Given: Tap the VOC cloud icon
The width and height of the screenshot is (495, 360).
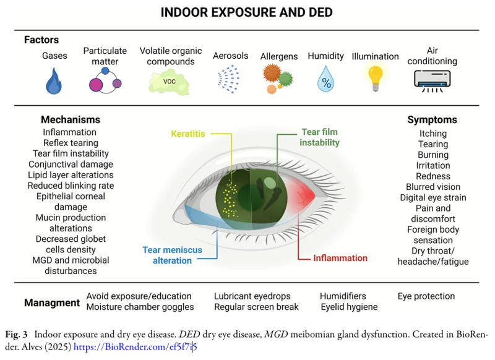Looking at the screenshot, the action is pos(169,83).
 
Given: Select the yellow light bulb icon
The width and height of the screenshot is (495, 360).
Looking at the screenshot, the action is pos(375,78).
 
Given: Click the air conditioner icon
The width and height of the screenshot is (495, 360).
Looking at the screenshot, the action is pos(432,81).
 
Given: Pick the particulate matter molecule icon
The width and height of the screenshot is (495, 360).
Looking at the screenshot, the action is pos(105,80).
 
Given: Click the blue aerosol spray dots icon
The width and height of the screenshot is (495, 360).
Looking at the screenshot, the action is pos(228,79).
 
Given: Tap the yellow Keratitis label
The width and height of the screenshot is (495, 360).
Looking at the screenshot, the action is pos(188,134).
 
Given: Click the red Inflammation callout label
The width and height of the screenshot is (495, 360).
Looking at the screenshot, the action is pos(340,258).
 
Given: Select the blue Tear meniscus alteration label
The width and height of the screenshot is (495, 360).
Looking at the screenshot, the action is pos(173,255).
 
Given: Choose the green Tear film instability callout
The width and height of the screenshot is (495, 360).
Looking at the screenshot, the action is pos(319,137).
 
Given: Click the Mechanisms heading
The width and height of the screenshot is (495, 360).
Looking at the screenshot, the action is pos(71,119).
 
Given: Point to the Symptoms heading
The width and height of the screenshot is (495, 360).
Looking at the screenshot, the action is pos(432,119).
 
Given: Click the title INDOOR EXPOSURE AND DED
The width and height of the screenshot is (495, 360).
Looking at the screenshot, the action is pos(246,12).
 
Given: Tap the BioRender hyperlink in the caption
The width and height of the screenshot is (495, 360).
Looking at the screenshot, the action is pos(135,347).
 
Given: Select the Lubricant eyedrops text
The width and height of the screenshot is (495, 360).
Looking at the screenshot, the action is pos(252,296).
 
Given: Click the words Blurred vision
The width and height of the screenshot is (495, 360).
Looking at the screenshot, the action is pos(433,187).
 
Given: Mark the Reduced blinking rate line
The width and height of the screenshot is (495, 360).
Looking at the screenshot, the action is pos(71,186).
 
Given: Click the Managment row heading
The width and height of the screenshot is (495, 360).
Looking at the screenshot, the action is pos(52,302).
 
